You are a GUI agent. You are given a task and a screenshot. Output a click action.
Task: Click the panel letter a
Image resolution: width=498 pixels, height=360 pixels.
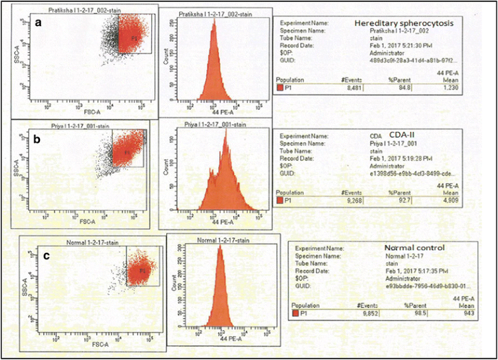click(x=39, y=23)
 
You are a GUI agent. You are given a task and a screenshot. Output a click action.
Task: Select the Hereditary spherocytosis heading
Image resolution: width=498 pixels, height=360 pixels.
click(x=403, y=23)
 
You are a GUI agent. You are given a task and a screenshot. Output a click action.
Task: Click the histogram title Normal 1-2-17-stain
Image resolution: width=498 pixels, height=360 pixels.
click(x=220, y=240)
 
